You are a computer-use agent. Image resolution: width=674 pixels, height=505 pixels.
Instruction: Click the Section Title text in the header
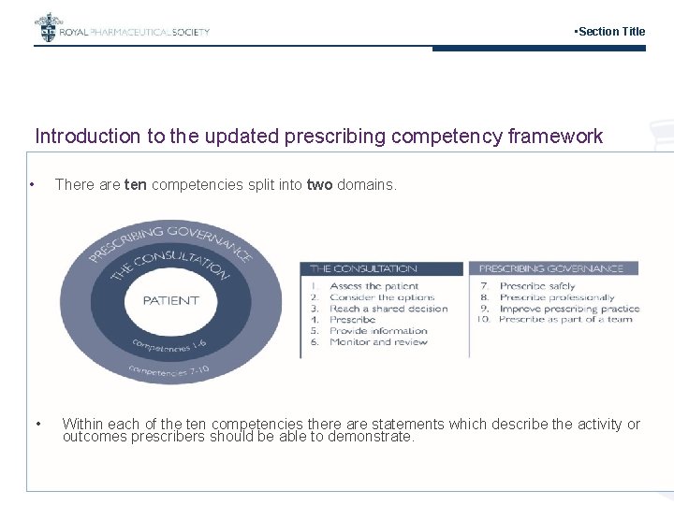609,32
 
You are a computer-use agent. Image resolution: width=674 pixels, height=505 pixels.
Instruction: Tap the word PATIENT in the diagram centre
170,300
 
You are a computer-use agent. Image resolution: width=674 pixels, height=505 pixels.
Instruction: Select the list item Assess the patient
374,286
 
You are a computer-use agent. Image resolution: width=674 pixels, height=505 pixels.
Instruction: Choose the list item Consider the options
379,297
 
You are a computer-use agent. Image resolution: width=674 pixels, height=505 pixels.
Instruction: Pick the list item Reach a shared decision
388,309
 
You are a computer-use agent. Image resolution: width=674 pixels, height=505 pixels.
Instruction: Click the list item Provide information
378,331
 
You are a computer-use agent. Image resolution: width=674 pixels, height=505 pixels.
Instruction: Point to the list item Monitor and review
378,342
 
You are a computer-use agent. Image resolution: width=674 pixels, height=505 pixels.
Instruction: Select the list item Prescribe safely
537,286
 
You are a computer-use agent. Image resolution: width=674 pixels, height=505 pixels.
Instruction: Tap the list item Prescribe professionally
557,297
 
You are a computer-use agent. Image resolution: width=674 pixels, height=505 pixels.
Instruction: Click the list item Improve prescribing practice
569,309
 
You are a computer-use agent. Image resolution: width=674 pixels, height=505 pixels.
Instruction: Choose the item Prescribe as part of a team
565,320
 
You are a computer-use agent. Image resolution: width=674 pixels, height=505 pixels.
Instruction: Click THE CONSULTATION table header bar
381,268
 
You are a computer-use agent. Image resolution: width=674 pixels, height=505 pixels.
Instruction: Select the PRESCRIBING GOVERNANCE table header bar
552,268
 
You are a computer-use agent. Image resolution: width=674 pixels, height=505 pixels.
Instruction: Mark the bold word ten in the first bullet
135,185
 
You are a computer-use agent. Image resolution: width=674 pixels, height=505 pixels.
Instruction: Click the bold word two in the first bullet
319,185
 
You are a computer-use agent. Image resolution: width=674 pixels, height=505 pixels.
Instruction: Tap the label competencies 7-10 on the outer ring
170,370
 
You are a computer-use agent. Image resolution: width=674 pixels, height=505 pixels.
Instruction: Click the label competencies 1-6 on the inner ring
170,345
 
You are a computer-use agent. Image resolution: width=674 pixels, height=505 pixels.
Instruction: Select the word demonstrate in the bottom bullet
370,437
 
